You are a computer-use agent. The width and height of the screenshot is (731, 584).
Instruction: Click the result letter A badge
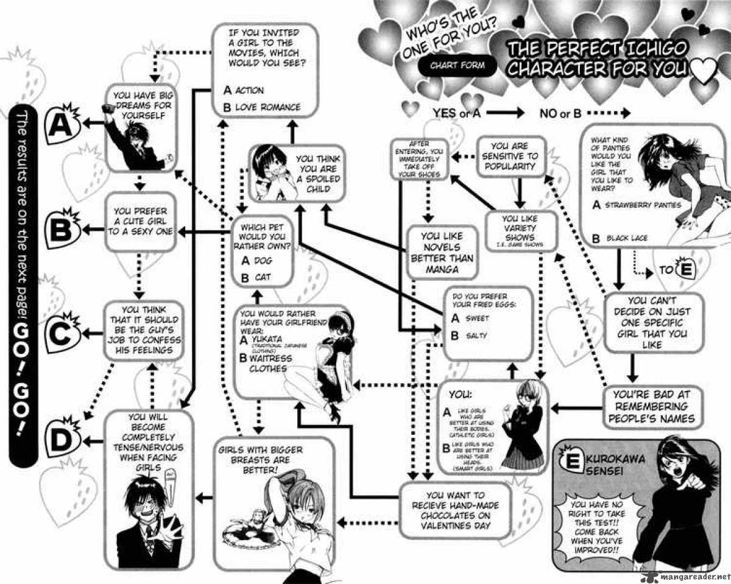pos(61,125)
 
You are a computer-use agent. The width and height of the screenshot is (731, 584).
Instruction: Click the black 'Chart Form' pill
pos(456,65)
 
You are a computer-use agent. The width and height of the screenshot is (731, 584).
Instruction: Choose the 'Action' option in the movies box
pos(244,90)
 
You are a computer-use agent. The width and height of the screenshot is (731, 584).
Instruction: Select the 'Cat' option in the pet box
pos(256,278)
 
